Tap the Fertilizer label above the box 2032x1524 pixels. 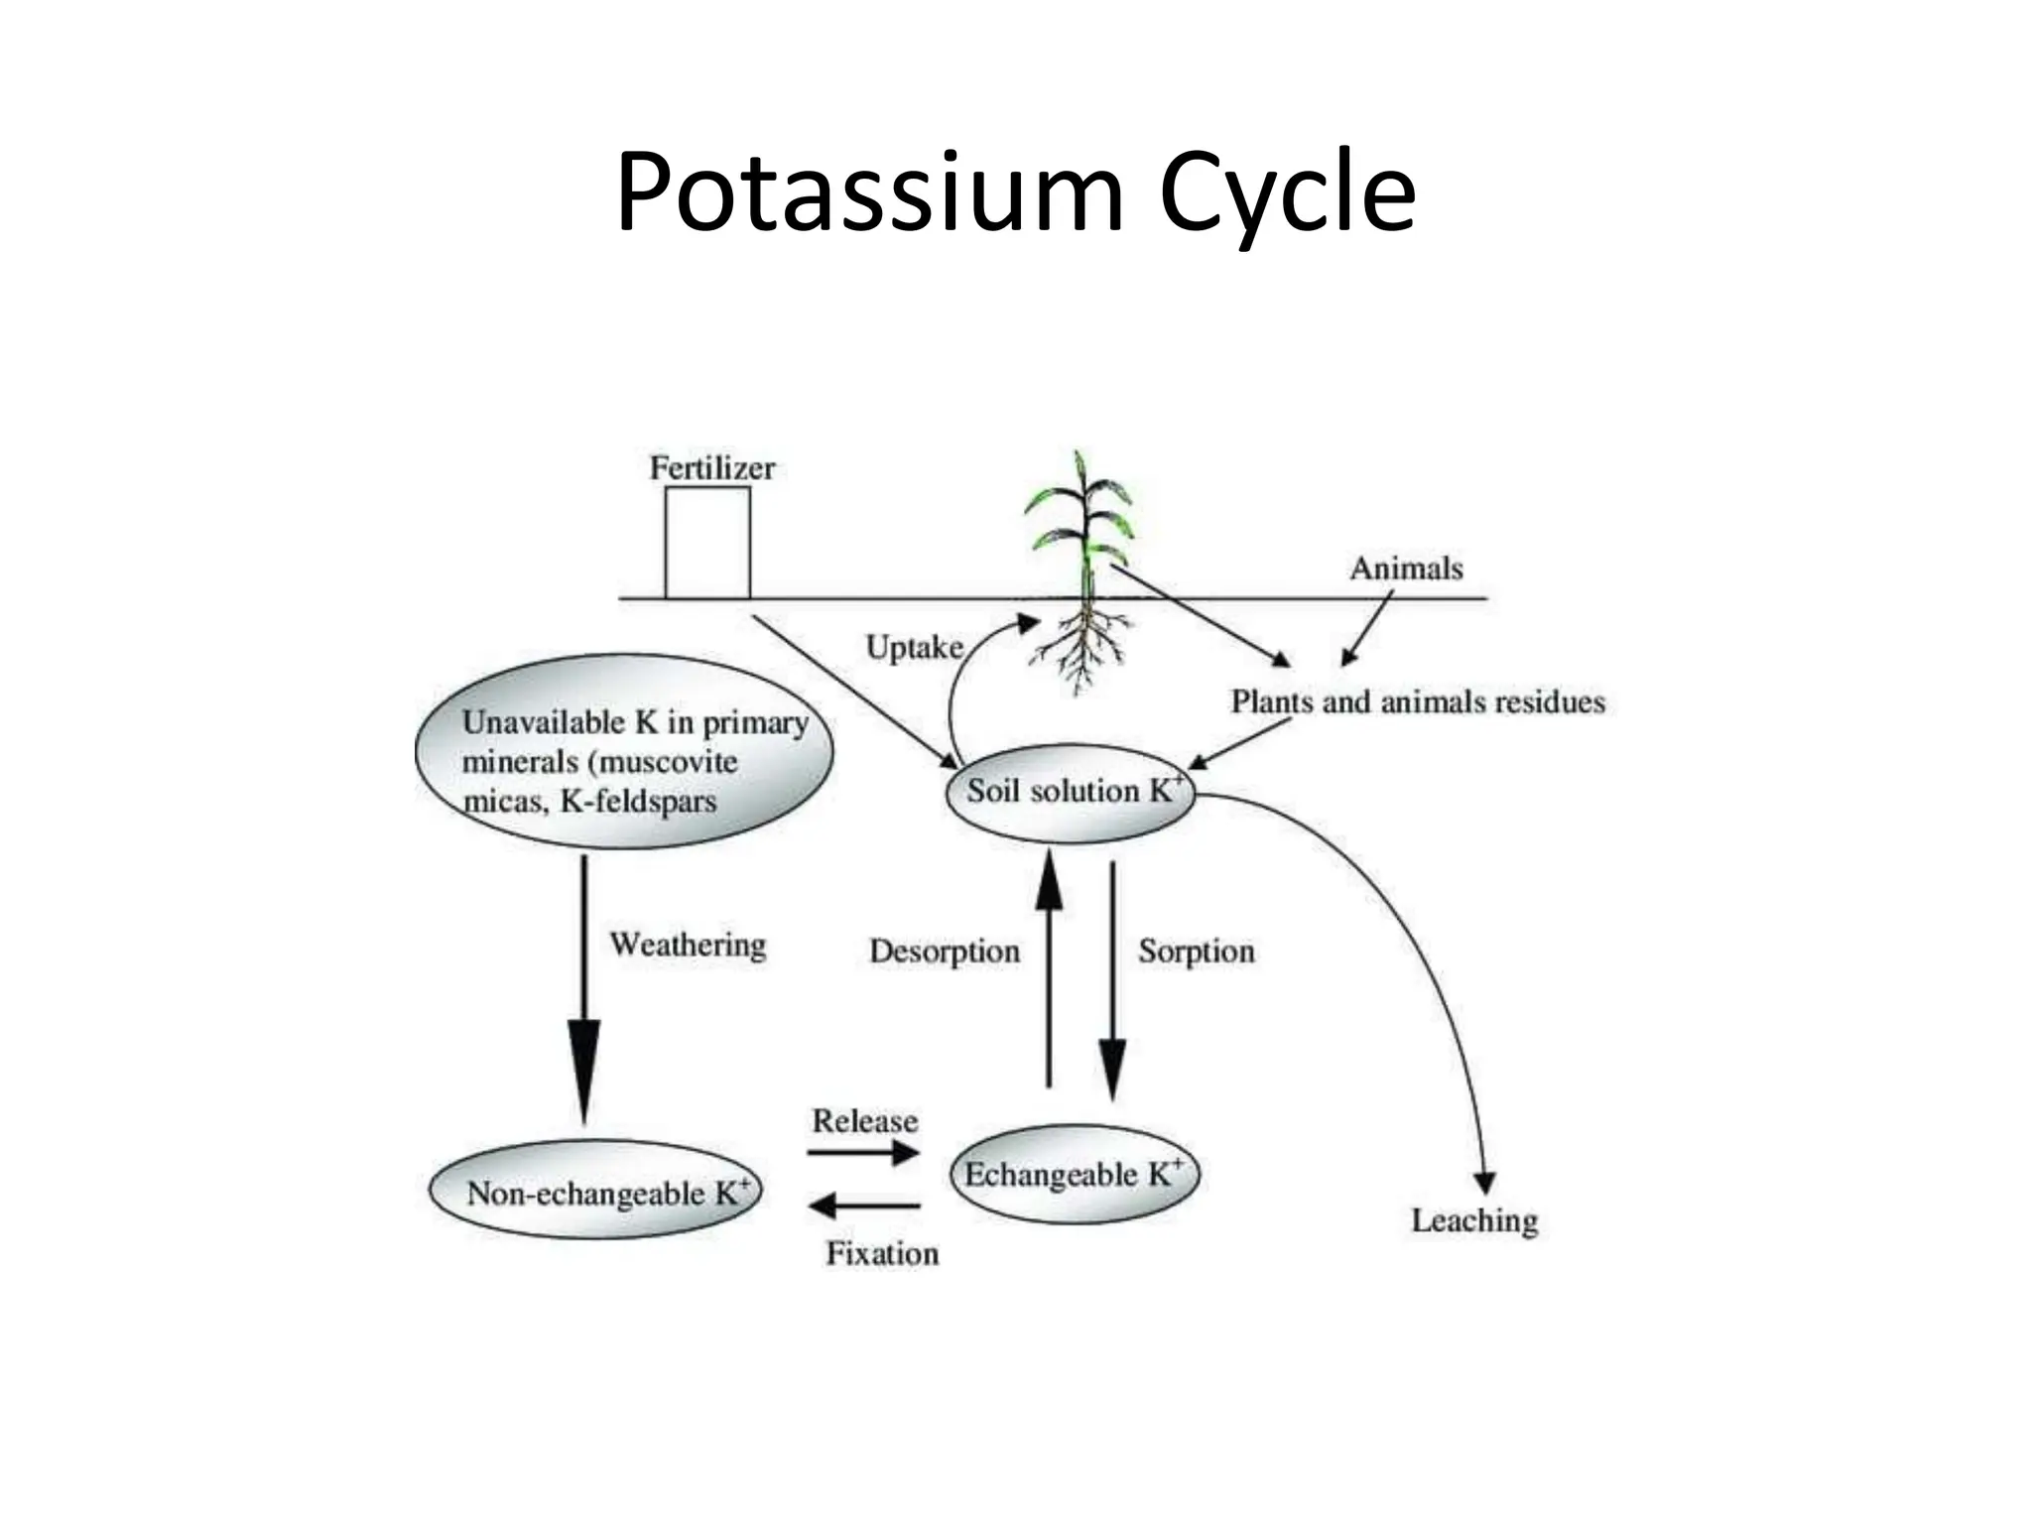tap(711, 468)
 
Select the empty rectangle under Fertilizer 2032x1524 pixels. tap(707, 543)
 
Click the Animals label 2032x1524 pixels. tap(1406, 569)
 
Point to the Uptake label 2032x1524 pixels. tap(914, 648)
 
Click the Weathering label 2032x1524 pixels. tap(688, 944)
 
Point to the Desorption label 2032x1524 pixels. tap(944, 951)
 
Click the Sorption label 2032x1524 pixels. tap(1196, 951)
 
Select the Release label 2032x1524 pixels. tap(864, 1121)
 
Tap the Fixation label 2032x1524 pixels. tap(882, 1254)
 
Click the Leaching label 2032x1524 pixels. tap(1474, 1220)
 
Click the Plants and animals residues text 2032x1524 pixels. tap(1417, 702)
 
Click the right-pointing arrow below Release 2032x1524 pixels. tap(863, 1153)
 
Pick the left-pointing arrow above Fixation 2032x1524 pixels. tap(865, 1206)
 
